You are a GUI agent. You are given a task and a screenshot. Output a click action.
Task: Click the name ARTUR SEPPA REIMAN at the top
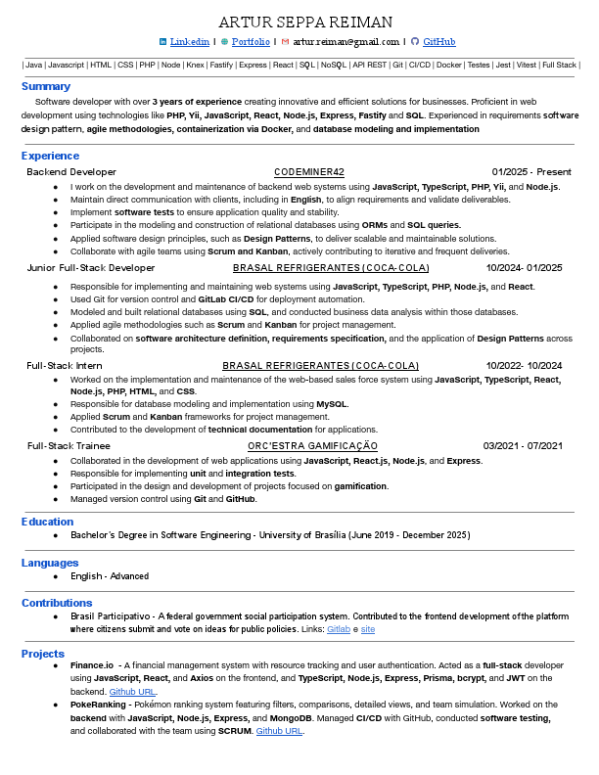click(x=304, y=22)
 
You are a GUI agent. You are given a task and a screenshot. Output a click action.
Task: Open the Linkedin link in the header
click(x=190, y=42)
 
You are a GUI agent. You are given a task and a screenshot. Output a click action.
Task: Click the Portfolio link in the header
click(x=251, y=42)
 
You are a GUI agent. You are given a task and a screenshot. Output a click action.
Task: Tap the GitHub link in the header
click(x=438, y=42)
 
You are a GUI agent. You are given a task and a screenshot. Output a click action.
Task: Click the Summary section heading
click(x=46, y=86)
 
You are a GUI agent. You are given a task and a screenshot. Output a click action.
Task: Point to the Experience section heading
click(x=50, y=156)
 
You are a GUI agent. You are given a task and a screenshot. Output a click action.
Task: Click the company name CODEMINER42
click(x=309, y=172)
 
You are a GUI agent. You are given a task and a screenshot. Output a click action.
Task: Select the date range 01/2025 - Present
click(x=531, y=172)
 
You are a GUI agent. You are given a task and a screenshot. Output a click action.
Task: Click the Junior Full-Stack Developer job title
click(x=91, y=268)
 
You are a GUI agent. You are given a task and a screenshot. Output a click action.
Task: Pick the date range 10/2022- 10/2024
click(x=524, y=366)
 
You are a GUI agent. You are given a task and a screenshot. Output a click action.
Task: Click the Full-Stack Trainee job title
click(x=69, y=446)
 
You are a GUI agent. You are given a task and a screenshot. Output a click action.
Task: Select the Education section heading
click(x=48, y=522)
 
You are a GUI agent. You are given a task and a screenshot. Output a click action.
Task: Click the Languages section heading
click(x=50, y=563)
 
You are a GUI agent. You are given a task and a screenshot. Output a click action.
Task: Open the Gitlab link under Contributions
click(x=338, y=629)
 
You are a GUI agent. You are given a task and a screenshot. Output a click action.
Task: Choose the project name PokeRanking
click(x=97, y=704)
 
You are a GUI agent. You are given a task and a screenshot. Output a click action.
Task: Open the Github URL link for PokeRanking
click(x=279, y=730)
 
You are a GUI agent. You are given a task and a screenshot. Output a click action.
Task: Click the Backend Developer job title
click(x=71, y=172)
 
